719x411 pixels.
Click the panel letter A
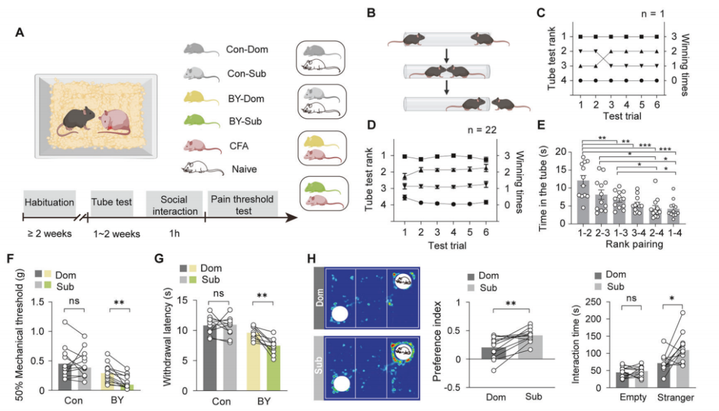click(19, 33)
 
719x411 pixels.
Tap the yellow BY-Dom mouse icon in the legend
click(201, 98)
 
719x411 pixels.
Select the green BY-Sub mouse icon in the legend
click(202, 121)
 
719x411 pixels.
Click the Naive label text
click(244, 169)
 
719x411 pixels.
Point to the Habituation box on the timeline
click(49, 202)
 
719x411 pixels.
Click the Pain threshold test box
click(242, 204)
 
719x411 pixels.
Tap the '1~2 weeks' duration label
click(117, 233)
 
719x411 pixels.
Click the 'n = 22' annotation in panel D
click(482, 130)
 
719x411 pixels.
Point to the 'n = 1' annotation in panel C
click(652, 14)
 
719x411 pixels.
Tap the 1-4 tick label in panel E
click(674, 233)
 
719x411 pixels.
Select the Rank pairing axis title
click(634, 244)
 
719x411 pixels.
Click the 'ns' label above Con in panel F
click(74, 301)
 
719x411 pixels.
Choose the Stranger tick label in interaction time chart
click(676, 397)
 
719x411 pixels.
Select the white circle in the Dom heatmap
click(340, 315)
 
